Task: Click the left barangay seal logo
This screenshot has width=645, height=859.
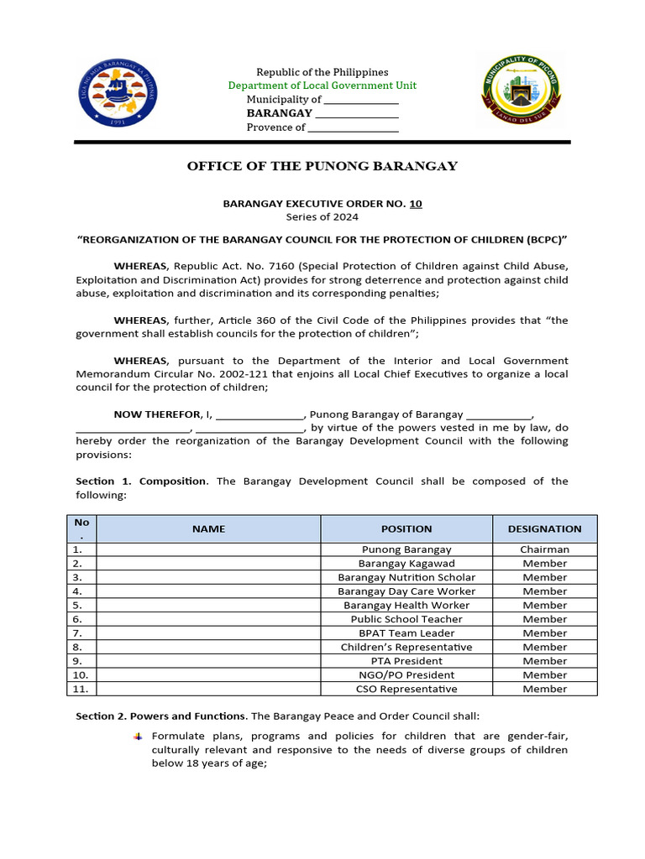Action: [118, 93]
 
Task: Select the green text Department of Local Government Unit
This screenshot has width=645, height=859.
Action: [322, 86]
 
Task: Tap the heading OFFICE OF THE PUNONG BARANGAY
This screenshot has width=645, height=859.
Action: [322, 165]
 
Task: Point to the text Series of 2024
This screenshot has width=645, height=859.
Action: [322, 216]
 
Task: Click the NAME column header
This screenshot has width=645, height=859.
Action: [208, 528]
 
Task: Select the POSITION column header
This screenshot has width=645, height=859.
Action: [406, 528]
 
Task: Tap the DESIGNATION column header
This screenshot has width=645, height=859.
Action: [544, 528]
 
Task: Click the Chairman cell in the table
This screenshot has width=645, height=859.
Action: [544, 549]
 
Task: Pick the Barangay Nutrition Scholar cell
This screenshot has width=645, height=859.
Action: [406, 577]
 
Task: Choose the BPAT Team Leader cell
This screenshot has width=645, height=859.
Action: [406, 633]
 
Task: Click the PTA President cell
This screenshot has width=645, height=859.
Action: [406, 661]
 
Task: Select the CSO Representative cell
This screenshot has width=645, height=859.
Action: [406, 689]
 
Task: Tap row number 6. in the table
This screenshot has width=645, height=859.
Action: [77, 619]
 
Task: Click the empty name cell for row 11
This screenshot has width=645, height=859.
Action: [208, 689]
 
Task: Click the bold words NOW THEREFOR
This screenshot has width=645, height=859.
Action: [157, 414]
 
